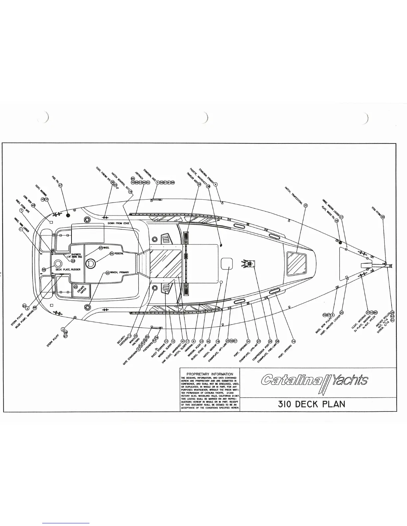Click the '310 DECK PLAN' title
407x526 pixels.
(x=312, y=404)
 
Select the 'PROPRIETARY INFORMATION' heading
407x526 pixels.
(x=209, y=374)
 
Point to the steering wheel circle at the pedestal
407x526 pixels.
(x=90, y=264)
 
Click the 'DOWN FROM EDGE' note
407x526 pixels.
(x=118, y=223)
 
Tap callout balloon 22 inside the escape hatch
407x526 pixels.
(x=76, y=287)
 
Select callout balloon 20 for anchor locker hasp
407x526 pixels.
(x=341, y=313)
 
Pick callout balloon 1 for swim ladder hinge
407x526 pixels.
(x=21, y=229)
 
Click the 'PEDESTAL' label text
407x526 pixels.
(x=119, y=253)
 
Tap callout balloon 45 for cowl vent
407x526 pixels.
(x=33, y=206)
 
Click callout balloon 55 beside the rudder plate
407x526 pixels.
(x=44, y=270)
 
